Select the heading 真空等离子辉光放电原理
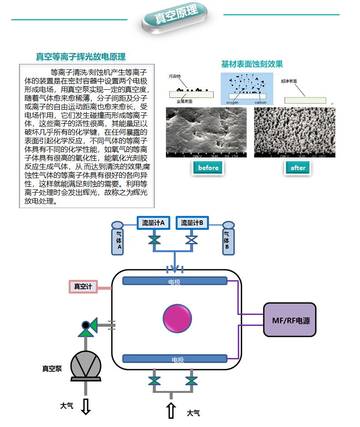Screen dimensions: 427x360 (x=81, y=57)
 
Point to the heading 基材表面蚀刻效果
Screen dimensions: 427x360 (x=252, y=64)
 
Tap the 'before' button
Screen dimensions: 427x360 (x=208, y=168)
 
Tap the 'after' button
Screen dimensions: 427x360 (x=298, y=168)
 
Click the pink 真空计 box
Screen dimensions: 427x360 (x=83, y=286)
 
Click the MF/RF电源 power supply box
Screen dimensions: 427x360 (x=289, y=320)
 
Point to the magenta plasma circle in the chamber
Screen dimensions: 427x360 (x=177, y=318)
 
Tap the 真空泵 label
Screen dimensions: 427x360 (x=51, y=368)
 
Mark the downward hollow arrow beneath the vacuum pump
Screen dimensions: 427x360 (x=86, y=406)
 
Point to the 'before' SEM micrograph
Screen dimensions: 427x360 (x=207, y=133)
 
